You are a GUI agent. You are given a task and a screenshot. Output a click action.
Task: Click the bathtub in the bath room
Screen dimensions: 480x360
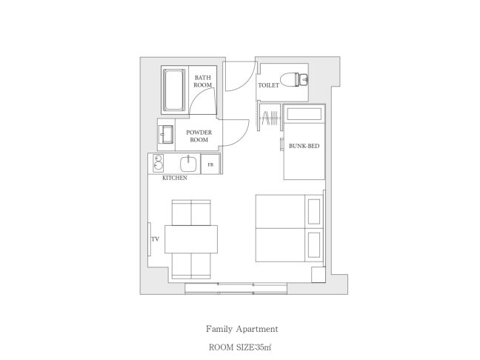tap(174, 90)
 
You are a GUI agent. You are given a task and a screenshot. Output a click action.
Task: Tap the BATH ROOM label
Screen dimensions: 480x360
tap(203, 81)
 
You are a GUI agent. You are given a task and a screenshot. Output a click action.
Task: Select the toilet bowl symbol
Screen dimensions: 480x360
tap(294, 79)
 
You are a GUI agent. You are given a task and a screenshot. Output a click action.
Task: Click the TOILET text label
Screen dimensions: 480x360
tap(268, 85)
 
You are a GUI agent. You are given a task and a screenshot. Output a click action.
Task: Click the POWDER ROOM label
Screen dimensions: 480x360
tap(199, 136)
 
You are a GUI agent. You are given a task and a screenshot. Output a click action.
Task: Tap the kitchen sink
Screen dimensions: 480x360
tap(188, 164)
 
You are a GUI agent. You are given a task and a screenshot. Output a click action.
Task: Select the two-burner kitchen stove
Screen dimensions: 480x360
tap(158, 163)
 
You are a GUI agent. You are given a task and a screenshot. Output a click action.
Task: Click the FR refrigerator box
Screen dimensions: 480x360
tap(210, 164)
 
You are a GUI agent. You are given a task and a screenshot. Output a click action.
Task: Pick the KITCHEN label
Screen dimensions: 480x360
tap(175, 178)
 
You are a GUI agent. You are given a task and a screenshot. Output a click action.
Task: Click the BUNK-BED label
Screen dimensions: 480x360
tap(304, 146)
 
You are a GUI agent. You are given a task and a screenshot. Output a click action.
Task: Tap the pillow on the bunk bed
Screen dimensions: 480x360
tap(304, 114)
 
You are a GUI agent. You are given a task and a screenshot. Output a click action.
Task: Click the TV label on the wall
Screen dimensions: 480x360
tap(156, 239)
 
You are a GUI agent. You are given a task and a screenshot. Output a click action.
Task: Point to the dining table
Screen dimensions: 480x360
tap(191, 239)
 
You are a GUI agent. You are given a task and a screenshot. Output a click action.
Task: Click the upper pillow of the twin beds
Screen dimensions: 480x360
tap(314, 212)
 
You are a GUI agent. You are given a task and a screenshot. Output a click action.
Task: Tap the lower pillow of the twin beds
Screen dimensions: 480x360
tap(314, 245)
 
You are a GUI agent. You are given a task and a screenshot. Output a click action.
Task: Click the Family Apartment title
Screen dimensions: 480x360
tap(241, 329)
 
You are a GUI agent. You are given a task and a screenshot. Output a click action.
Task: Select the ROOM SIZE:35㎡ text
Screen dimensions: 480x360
tap(240, 347)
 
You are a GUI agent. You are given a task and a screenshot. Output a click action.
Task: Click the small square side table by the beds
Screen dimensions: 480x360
tap(319, 275)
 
